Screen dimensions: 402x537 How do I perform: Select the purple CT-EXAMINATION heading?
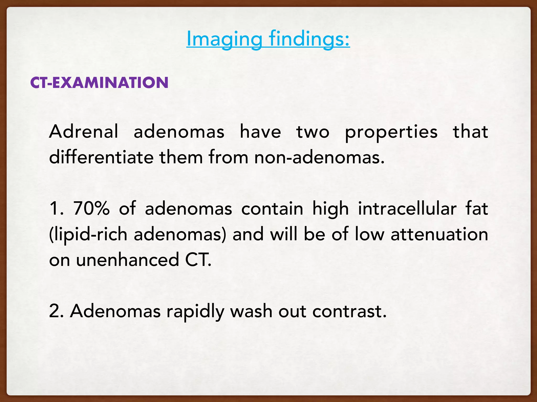[99, 83]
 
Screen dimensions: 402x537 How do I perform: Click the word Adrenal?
[84, 131]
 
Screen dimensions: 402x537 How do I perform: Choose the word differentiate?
[101, 157]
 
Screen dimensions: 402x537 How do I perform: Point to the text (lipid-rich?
[88, 234]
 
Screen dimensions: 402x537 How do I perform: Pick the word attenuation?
[439, 234]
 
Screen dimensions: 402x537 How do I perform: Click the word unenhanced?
[128, 260]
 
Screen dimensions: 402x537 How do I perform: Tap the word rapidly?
[195, 311]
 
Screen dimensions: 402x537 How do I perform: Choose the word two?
[313, 132]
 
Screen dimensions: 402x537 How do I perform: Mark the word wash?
[251, 311]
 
